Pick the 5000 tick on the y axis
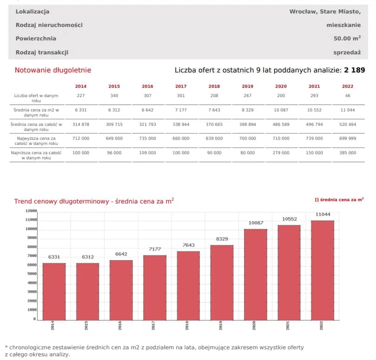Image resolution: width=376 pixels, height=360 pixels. tap(31, 274)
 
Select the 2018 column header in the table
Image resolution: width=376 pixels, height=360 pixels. tap(214, 86)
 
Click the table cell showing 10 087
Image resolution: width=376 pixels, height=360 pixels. tap(281, 110)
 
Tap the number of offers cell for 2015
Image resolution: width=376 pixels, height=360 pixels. tap(114, 96)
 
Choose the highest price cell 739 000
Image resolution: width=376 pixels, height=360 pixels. tap(314, 138)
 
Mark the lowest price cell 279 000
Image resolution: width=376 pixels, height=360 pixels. tap(281, 153)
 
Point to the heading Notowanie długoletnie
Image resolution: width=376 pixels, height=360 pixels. tap(53, 70)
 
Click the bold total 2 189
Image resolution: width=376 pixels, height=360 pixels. tap(354, 70)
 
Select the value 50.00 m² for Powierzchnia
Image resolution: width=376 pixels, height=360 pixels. tap(347, 39)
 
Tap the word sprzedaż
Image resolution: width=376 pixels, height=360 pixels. tap(347, 52)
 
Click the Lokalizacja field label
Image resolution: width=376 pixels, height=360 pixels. tap(32, 11)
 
